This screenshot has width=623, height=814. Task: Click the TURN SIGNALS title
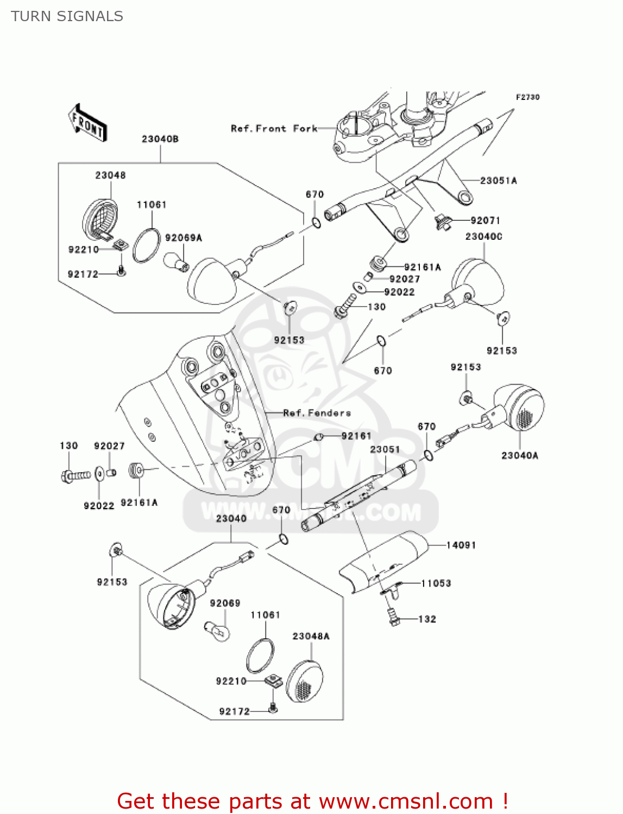coord(67,16)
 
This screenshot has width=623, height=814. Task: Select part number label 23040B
coord(160,139)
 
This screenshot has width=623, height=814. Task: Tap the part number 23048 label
coord(110,175)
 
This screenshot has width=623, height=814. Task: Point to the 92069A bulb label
coord(184,238)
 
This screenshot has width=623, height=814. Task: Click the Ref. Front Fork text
coord(274,129)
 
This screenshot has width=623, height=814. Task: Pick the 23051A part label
coord(499,181)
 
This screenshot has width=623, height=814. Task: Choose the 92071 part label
coord(486,220)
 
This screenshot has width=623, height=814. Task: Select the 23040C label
coord(484,237)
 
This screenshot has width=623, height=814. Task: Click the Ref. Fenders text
coord(317,413)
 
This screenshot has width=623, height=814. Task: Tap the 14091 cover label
coord(461,545)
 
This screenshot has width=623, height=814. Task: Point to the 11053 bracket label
coord(436,583)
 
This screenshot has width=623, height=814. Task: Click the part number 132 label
coord(427,619)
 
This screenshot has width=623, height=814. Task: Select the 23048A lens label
coord(311,636)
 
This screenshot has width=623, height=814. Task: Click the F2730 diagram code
coord(528,97)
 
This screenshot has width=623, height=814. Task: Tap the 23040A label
coord(520,455)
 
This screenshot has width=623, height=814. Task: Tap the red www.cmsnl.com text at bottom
coord(406,801)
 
